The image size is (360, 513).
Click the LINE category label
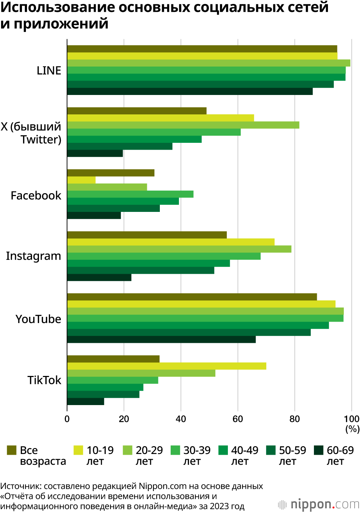click(x=49, y=71)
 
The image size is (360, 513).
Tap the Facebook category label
click(x=36, y=195)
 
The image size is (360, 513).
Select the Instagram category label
click(x=33, y=256)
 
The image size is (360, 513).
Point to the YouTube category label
click(x=38, y=319)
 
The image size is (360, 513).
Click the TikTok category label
click(x=44, y=380)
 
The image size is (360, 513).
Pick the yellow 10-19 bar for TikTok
click(x=166, y=366)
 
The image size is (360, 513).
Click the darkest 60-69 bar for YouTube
click(x=161, y=340)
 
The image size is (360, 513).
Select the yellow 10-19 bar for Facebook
click(x=81, y=180)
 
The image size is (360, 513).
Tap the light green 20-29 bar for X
click(x=183, y=125)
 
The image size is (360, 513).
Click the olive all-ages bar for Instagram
click(x=147, y=235)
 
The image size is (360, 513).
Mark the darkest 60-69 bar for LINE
click(x=190, y=91)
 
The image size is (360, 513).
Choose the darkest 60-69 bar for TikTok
click(x=86, y=401)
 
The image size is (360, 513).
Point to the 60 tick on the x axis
click(x=238, y=419)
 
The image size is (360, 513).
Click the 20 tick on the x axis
click(x=124, y=419)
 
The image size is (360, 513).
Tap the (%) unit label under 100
click(x=352, y=429)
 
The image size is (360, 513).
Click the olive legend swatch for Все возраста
click(x=12, y=450)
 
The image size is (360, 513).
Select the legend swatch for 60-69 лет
click(x=319, y=450)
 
